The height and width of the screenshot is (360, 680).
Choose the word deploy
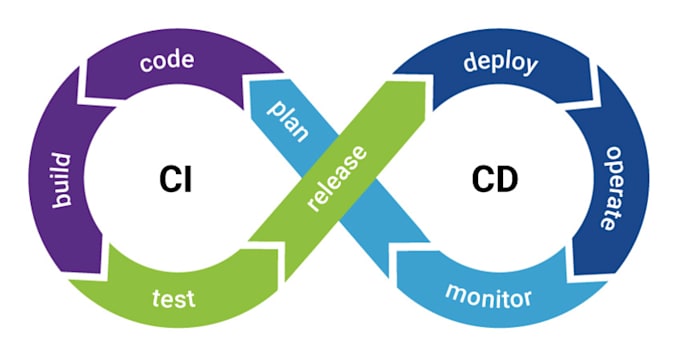(x=500, y=64)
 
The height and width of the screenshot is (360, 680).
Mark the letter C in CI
(x=168, y=180)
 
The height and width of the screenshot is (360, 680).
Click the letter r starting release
(x=316, y=207)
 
